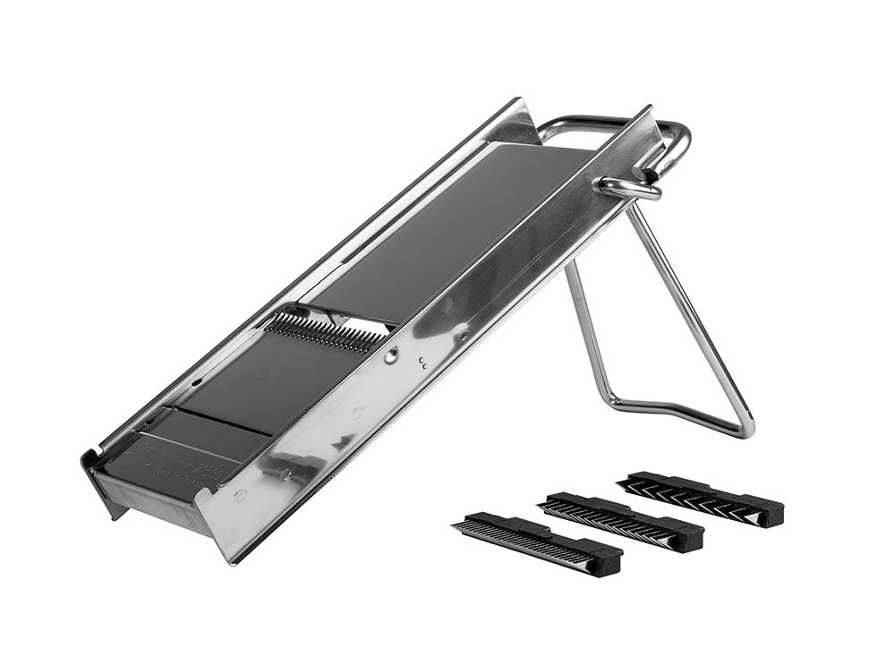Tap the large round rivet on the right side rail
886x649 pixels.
[391, 355]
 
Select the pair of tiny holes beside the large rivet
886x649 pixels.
[422, 363]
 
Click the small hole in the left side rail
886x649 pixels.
[195, 380]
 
